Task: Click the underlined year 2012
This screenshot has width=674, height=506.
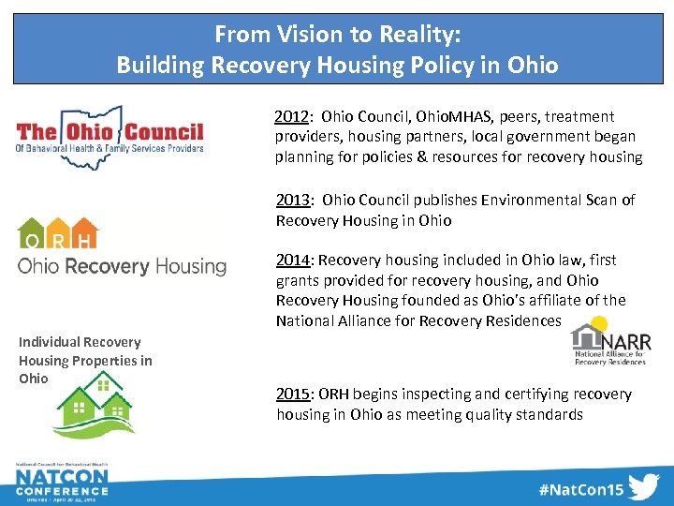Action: [292, 117]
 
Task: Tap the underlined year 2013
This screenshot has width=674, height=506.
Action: [293, 200]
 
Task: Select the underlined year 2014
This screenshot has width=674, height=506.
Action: [293, 260]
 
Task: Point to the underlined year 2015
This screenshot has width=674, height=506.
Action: [293, 394]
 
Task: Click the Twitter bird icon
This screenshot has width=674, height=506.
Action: [643, 487]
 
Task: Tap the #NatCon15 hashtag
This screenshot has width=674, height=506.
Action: [580, 488]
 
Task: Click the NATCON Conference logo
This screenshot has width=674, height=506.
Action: [61, 484]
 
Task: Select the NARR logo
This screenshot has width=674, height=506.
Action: [610, 345]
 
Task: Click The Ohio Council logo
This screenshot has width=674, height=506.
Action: [110, 137]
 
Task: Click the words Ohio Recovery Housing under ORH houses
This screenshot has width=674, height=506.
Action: [122, 266]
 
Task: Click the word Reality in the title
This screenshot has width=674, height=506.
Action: [412, 35]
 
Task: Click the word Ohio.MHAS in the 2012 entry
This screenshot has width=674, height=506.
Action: [445, 117]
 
